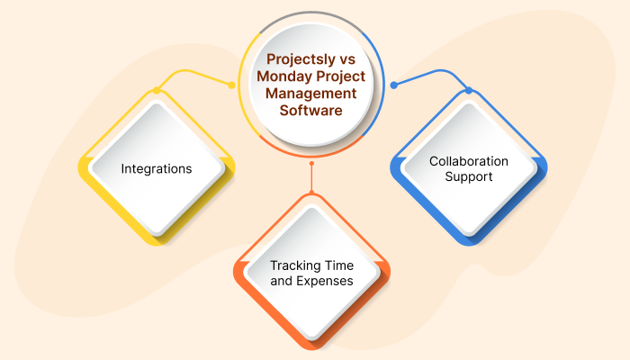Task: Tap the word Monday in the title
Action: point(283,76)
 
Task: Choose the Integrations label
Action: point(157,168)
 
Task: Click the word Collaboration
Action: point(468,161)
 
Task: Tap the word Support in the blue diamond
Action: point(468,177)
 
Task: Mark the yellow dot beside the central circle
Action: point(232,85)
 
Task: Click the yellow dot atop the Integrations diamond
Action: point(157,90)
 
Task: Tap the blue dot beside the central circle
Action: point(393,85)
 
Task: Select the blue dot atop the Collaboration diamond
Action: point(468,90)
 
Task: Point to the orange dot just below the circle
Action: point(311,165)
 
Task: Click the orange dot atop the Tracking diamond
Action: point(311,193)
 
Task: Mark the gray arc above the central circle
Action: point(311,14)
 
